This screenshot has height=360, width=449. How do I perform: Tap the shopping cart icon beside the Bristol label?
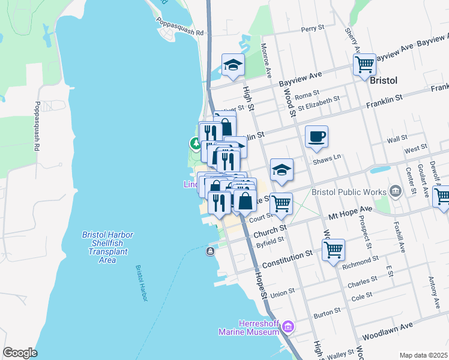(364, 64)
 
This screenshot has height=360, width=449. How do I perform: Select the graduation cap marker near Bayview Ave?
(233, 65)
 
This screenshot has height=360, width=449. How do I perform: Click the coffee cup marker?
(316, 137)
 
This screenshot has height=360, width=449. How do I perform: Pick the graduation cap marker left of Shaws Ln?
(281, 170)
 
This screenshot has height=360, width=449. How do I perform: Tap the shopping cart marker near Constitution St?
(333, 249)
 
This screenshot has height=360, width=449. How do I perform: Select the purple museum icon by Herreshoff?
(289, 326)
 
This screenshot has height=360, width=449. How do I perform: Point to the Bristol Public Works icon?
(396, 192)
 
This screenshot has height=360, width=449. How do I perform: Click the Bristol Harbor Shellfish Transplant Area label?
(107, 247)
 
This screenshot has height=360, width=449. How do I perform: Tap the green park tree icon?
(195, 144)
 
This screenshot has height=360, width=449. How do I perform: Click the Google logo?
(20, 353)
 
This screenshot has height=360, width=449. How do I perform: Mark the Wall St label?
(397, 139)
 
